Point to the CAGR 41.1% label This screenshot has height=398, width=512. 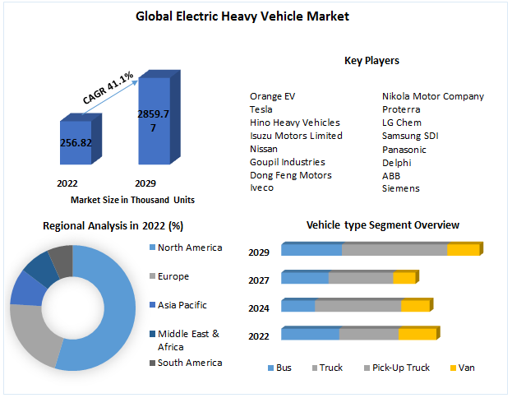point(108,88)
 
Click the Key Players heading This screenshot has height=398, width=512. point(371,61)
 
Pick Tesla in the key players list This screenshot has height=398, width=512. point(262,109)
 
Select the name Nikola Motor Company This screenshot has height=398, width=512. point(433,96)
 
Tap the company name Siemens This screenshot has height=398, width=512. point(401,188)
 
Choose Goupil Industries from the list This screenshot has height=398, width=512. point(287,162)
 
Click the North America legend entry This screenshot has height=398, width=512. point(189,248)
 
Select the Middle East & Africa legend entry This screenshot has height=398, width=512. point(188,339)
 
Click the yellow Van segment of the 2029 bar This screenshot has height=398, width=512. point(463,249)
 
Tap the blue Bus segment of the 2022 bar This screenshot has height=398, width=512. point(310,333)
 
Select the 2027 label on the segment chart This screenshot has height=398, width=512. point(259,281)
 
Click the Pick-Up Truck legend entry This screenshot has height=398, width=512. point(400,368)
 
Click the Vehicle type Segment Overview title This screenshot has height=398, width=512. point(382,224)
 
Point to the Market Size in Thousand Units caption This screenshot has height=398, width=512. point(132,200)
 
